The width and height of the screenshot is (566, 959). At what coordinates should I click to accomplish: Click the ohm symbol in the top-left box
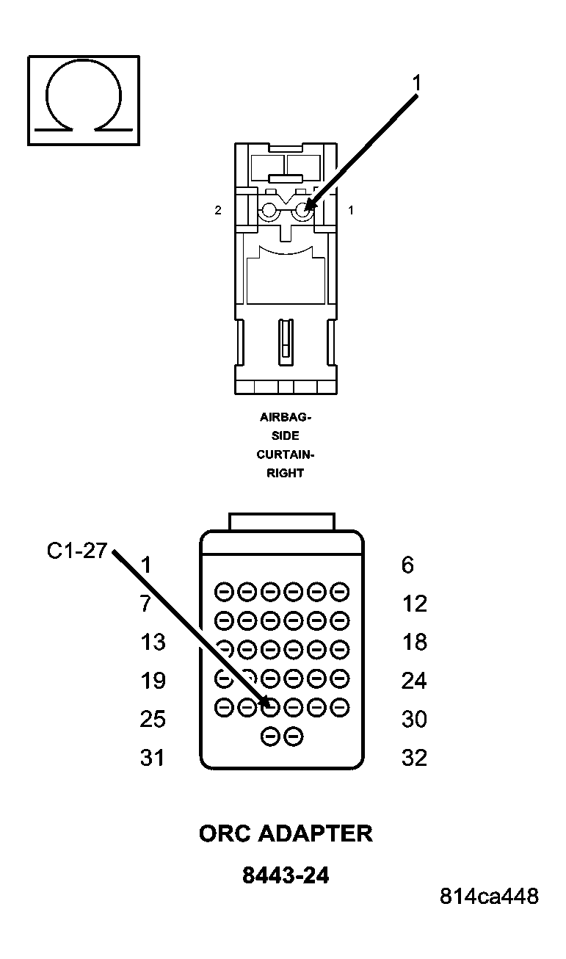[83, 100]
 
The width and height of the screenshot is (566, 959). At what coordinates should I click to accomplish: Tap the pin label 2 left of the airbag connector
[217, 210]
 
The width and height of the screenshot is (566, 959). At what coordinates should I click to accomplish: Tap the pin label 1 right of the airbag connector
[351, 210]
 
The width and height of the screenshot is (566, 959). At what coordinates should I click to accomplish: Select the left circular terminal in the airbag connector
[268, 211]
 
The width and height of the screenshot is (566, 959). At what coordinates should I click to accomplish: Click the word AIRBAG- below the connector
[285, 417]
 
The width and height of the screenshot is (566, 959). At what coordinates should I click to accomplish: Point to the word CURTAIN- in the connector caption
[285, 455]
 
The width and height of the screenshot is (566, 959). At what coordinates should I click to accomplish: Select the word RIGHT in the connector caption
[285, 474]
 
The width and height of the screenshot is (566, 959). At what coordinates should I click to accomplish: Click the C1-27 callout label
[77, 551]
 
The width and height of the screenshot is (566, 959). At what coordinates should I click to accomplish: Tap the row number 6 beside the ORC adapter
[407, 565]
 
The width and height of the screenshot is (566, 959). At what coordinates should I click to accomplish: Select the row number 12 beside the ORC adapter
[414, 604]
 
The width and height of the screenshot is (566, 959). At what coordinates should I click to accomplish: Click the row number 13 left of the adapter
[153, 642]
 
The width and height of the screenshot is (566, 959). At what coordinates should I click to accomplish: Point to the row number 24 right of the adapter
[414, 681]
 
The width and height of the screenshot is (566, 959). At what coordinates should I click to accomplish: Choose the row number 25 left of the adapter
[153, 719]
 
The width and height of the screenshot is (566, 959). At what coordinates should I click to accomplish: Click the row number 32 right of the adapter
[414, 757]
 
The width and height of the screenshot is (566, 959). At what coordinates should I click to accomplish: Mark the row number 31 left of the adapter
[153, 757]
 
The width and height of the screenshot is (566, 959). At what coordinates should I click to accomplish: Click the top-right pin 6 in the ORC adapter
[339, 591]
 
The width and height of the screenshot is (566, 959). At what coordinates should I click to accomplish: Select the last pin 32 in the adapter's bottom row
[294, 735]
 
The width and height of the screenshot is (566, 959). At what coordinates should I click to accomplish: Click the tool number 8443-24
[285, 875]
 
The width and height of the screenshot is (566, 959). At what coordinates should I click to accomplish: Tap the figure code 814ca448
[489, 897]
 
